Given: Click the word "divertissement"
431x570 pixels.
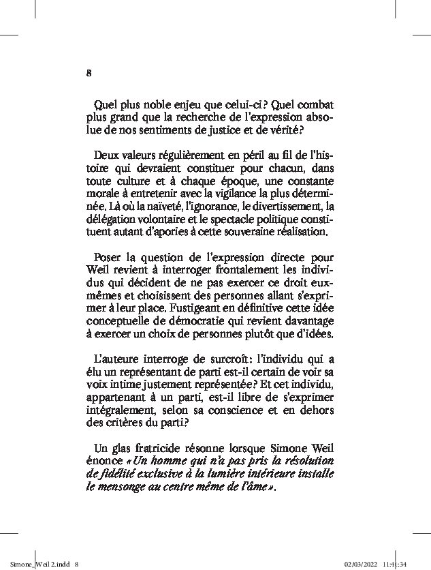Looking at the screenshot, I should point(281,206).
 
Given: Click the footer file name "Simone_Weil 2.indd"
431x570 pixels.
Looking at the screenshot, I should point(35,564).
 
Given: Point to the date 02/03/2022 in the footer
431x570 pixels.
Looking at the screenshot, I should point(359,564).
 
